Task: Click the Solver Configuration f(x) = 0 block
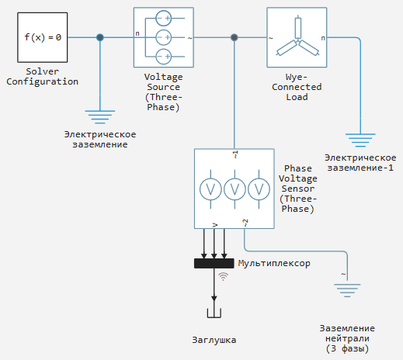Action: [43, 37]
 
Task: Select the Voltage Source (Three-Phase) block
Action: [164, 37]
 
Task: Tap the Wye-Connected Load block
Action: [297, 37]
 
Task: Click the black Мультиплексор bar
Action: [214, 263]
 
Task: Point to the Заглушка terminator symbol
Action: [214, 313]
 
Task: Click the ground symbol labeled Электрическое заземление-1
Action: [360, 140]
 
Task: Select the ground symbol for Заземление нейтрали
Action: [347, 290]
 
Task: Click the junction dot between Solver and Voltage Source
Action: [100, 37]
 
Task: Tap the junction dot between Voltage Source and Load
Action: [235, 37]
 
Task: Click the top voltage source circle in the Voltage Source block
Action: [164, 18]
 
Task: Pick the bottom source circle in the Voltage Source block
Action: [164, 57]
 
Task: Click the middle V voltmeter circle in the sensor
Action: [235, 189]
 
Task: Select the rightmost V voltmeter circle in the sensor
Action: [259, 189]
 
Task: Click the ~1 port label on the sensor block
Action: [235, 154]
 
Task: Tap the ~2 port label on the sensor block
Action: [245, 223]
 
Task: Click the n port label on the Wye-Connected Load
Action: [323, 38]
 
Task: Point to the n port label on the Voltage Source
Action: [137, 33]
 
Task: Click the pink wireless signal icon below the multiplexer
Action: [223, 276]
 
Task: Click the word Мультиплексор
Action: [274, 264]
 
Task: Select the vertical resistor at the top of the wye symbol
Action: [298, 28]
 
